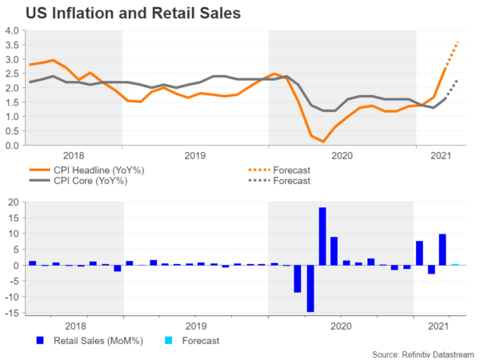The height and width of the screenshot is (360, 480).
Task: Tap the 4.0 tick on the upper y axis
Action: click(x=12, y=30)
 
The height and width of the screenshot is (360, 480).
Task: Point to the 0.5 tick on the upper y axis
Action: click(x=12, y=131)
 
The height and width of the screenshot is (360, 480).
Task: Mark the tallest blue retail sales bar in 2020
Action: click(x=322, y=236)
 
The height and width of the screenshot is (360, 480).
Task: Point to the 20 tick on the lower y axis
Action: click(x=14, y=202)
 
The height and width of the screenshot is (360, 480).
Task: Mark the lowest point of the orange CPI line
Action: click(x=322, y=142)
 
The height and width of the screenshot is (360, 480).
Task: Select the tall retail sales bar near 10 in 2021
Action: click(x=443, y=250)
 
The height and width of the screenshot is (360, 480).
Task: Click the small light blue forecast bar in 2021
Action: click(x=455, y=264)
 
